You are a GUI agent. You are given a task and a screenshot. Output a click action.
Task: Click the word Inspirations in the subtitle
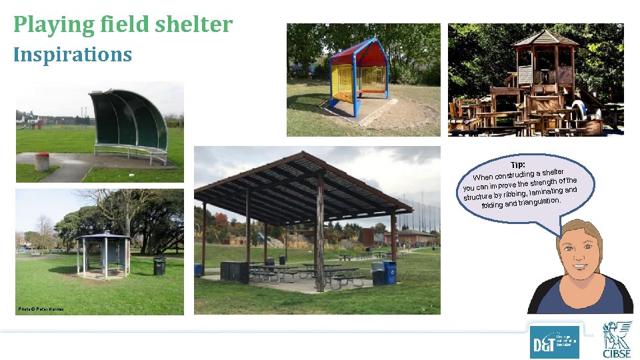pos(73,54)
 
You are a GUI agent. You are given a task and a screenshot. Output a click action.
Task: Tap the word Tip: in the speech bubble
pos(518,165)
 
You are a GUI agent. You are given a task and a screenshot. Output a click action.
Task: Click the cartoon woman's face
pos(582,257)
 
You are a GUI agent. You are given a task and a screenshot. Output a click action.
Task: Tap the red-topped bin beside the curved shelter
pos(43,161)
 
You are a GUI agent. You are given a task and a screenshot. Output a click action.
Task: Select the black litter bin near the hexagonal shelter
pos(159,265)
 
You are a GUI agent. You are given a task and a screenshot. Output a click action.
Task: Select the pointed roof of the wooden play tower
pos(545,38)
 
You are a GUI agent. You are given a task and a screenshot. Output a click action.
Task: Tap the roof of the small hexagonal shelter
pos(103,236)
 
